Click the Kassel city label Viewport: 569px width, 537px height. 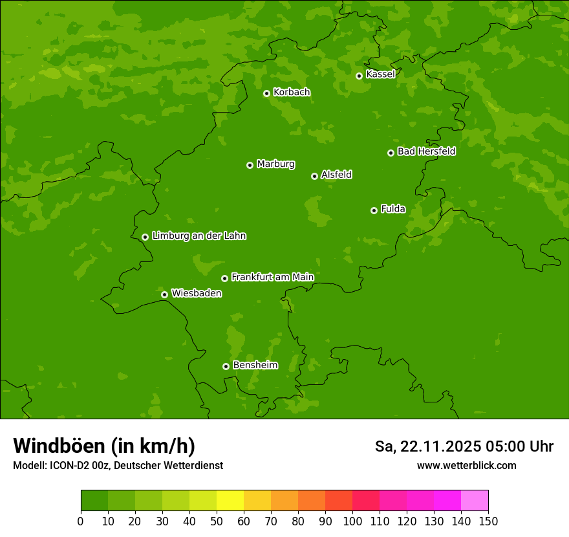pos(380,74)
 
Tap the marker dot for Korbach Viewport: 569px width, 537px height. pos(266,93)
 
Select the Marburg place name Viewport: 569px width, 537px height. pos(275,164)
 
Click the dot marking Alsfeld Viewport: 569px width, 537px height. pos(314,176)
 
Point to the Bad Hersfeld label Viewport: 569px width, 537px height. pos(426,151)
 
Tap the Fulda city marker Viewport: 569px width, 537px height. pos(374,210)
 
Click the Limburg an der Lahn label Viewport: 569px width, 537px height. pos(199,236)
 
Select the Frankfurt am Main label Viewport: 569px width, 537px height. pos(272,277)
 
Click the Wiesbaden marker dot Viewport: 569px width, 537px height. pos(164,294)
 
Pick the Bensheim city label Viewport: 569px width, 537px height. pos(255,365)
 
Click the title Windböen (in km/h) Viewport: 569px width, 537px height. pos(104,446)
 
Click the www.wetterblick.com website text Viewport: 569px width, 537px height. pos(466,465)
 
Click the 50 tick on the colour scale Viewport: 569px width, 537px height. pos(217,521)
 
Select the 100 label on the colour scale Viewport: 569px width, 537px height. pos(352,521)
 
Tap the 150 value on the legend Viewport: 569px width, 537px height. pos(488,521)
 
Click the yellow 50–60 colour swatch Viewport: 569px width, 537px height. pos(230,501)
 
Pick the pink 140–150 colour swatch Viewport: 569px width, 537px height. pos(475,501)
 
